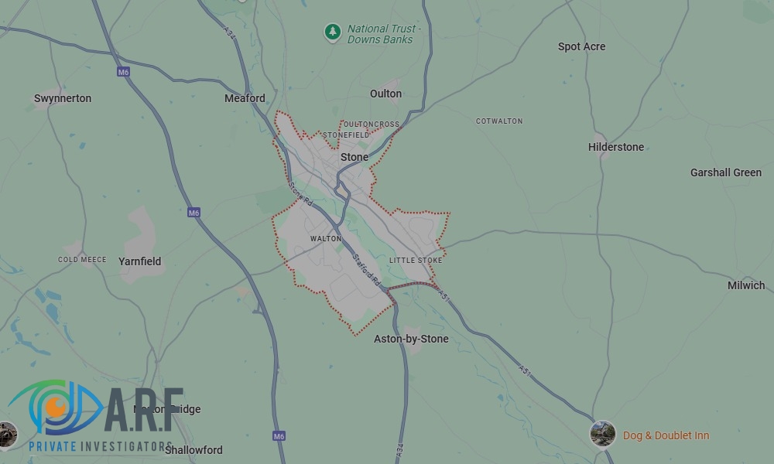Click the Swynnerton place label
63,98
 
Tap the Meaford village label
245,98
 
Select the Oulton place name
385,94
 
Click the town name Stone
354,157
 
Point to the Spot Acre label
581,46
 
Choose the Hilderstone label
616,147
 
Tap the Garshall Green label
726,172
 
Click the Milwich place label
746,285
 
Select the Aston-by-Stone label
411,339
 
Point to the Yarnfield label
140,261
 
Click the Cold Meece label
82,260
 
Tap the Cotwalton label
499,121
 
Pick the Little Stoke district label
416,261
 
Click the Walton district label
326,239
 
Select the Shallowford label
193,450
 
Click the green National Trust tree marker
333,32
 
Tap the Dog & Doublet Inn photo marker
602,434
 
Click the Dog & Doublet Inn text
666,436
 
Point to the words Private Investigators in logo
100,446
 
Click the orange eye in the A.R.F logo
55,404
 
